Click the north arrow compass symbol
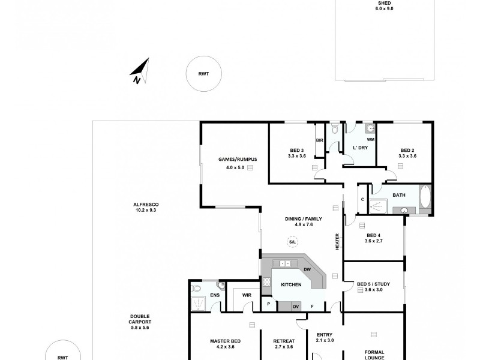(139, 71)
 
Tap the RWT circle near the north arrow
(204, 74)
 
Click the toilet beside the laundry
(335, 129)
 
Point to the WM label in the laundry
(370, 140)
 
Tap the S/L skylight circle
(292, 242)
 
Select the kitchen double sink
(285, 263)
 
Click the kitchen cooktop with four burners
(266, 282)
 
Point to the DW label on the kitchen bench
(307, 269)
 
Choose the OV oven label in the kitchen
(295, 307)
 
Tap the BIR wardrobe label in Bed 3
(320, 140)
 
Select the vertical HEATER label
(337, 242)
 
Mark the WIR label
(247, 295)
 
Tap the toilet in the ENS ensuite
(196, 289)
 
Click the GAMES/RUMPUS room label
(238, 159)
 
